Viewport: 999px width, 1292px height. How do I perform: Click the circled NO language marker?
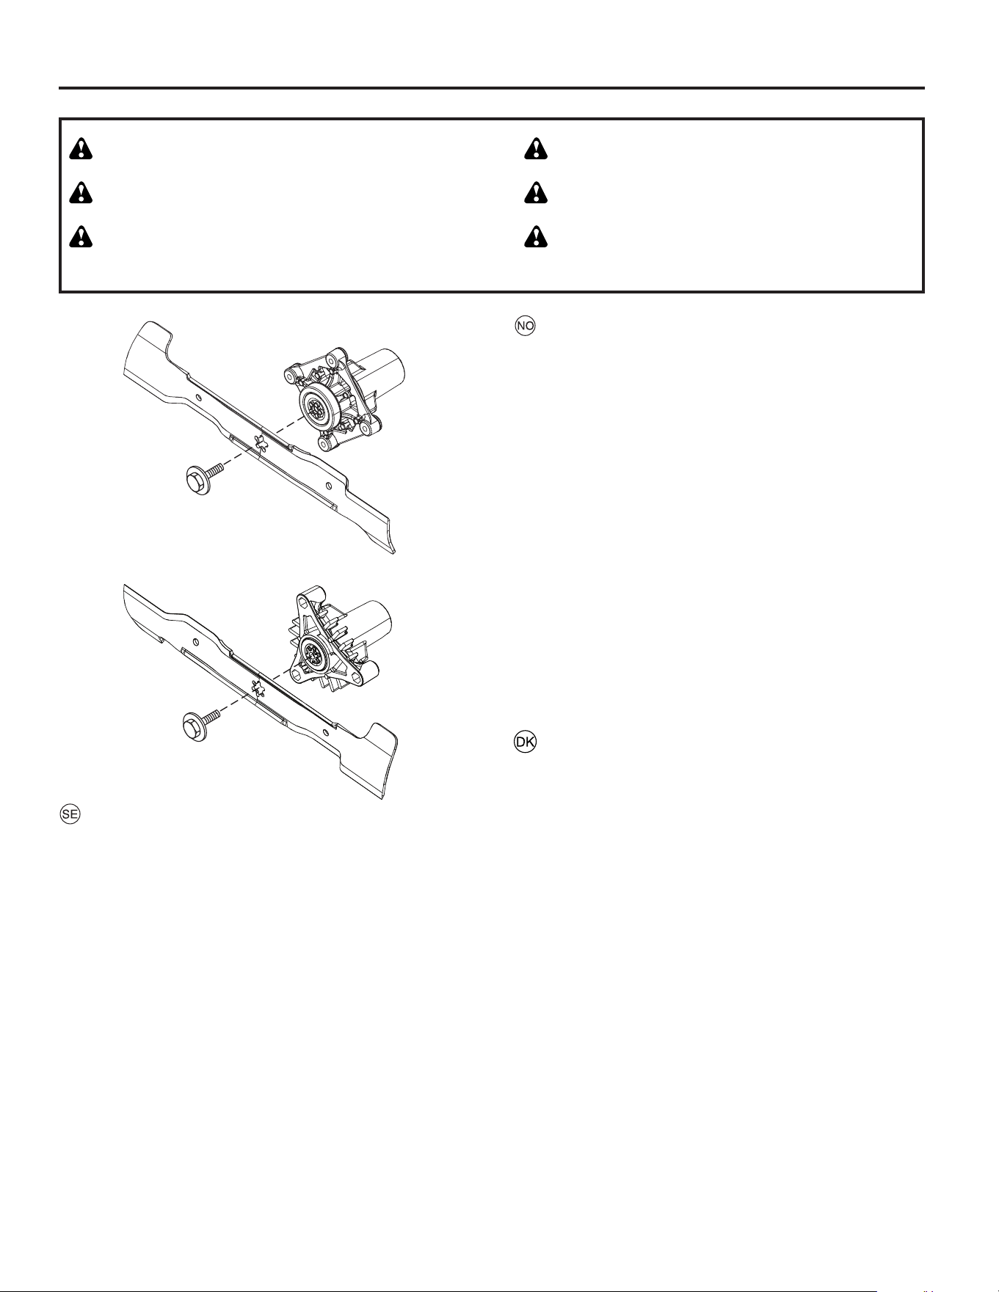coord(526,326)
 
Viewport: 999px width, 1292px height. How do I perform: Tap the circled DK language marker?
coord(526,742)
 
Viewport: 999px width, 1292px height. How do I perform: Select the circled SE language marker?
coord(70,814)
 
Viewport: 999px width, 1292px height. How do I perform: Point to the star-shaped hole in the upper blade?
coord(259,440)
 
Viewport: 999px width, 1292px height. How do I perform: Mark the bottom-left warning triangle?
coord(81,238)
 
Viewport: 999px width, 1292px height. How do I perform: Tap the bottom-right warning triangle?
coord(537,238)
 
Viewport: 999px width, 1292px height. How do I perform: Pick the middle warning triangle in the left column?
coord(81,193)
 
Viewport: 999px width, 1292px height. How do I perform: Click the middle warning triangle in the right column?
coord(537,193)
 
